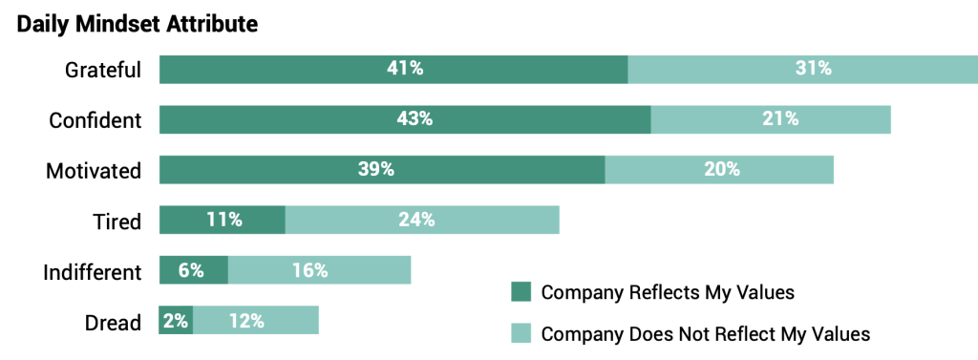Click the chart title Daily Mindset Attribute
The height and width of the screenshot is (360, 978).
pyautogui.click(x=138, y=25)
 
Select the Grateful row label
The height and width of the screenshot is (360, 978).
pyautogui.click(x=103, y=70)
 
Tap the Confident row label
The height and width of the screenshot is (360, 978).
pyautogui.click(x=96, y=120)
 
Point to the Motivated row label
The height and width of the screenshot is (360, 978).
pyautogui.click(x=94, y=171)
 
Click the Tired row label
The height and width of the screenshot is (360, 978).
pyautogui.click(x=117, y=222)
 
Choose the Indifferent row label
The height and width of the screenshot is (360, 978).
pyautogui.click(x=93, y=272)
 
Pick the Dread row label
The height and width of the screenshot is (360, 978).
pyautogui.click(x=113, y=323)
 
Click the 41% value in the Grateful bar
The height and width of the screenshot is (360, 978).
pyautogui.click(x=404, y=69)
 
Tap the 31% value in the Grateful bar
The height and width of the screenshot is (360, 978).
pyautogui.click(x=813, y=69)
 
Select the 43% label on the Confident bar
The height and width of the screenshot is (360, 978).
pyautogui.click(x=415, y=119)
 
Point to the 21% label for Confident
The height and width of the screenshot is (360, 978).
pyautogui.click(x=780, y=119)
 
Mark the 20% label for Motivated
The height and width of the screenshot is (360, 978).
pyautogui.click(x=721, y=170)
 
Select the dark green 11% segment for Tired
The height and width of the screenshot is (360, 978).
pyautogui.click(x=223, y=220)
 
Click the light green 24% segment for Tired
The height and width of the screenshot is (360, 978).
pyautogui.click(x=422, y=220)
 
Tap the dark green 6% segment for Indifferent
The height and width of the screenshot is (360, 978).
pyautogui.click(x=193, y=270)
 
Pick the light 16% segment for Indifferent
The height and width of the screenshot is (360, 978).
pyautogui.click(x=319, y=270)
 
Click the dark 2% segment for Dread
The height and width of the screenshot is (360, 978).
pyautogui.click(x=176, y=321)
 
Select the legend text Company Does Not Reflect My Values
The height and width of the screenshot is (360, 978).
pyautogui.click(x=705, y=334)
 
